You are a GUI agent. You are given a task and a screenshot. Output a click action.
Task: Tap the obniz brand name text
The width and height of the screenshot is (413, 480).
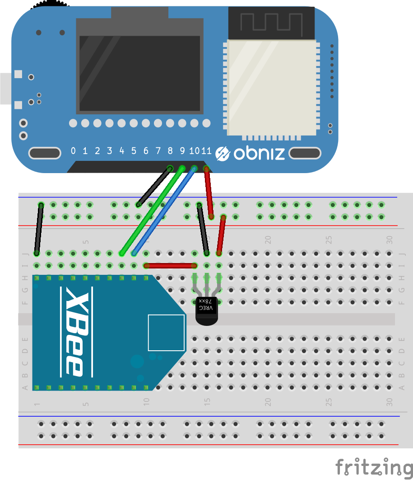click(x=259, y=153)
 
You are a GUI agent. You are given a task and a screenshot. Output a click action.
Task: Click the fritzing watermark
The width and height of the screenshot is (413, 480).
click(x=374, y=466)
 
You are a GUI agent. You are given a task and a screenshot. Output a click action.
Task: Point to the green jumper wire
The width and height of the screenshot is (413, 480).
click(x=152, y=211)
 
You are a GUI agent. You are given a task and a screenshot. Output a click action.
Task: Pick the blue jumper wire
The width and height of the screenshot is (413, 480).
click(x=164, y=211)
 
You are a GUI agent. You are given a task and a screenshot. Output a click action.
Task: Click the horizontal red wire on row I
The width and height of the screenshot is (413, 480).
click(x=170, y=265)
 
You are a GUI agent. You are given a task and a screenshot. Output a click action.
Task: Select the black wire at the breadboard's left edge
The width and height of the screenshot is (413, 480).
click(x=39, y=229)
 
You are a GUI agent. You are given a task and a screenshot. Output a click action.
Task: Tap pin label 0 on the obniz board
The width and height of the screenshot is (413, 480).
click(x=73, y=151)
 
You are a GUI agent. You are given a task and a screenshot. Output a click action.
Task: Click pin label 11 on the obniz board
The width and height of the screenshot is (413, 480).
click(x=206, y=151)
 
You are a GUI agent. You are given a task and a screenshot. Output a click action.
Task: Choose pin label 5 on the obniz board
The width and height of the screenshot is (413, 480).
click(x=134, y=151)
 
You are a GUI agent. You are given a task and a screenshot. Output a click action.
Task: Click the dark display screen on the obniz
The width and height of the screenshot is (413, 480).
click(x=140, y=74)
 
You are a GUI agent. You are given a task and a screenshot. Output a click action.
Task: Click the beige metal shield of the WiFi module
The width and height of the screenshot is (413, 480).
click(x=272, y=88)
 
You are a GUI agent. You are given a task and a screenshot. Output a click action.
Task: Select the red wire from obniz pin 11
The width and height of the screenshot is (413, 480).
click(x=209, y=193)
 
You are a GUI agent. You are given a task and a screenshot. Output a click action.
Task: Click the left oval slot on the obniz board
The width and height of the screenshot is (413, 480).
click(x=45, y=153)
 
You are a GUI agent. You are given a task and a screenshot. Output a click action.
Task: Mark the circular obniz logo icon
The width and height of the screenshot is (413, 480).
click(x=223, y=153)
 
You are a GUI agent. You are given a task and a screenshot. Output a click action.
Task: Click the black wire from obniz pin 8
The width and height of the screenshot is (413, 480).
click(x=154, y=186)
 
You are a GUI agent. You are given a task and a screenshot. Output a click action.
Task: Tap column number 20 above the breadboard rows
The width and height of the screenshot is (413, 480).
click(x=268, y=240)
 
